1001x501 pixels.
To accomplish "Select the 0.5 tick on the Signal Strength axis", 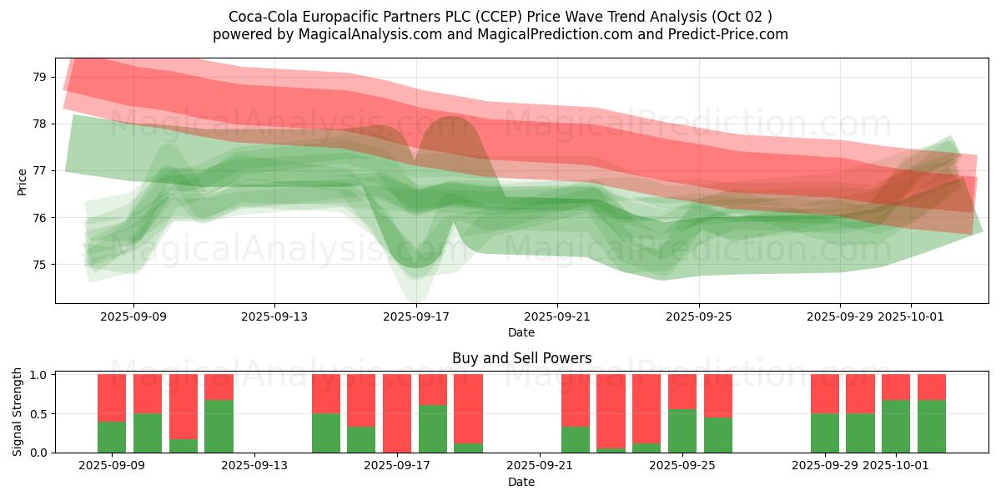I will (39, 414).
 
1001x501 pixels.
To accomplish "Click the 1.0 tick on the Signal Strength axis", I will (39, 375).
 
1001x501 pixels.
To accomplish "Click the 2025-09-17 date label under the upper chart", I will (415, 316).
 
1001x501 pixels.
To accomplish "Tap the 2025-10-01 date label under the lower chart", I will (910, 466).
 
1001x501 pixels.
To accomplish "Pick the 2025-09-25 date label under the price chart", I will (698, 316).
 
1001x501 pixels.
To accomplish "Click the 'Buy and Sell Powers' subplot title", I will (521, 358).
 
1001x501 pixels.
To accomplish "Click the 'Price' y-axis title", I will (22, 180).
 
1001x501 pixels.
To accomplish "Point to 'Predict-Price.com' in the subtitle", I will (729, 34).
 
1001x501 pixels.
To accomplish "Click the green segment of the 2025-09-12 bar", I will (219, 426).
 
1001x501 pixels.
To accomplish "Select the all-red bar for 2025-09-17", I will (397, 413).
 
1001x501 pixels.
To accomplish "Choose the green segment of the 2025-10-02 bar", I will (932, 426).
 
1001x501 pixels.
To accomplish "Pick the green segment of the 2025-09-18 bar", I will (433, 428).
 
